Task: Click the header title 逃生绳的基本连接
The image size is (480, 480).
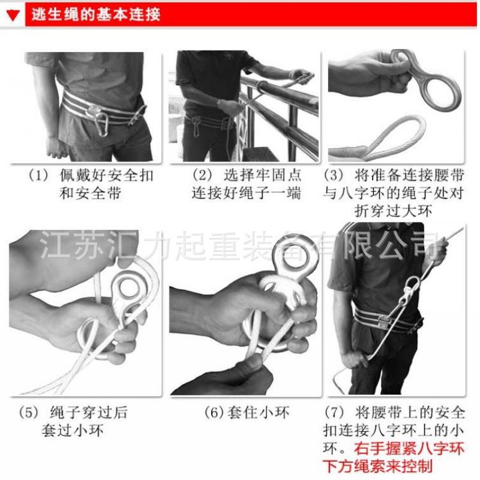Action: point(96,14)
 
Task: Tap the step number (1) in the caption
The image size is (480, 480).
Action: point(38,175)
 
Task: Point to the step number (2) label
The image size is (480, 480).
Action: point(202,175)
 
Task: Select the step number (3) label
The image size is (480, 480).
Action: point(334,175)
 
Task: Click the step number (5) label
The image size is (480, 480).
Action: point(29,412)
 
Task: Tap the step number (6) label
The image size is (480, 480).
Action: point(214,412)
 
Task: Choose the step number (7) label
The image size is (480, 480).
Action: point(334,412)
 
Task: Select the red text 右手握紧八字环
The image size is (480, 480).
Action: point(409,448)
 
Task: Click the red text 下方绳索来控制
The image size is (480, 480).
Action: point(378,466)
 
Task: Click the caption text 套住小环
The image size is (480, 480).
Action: point(258,412)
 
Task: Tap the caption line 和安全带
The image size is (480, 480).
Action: point(91,193)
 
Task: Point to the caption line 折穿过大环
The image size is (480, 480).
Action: point(393,211)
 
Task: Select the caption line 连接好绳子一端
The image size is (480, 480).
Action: point(247,193)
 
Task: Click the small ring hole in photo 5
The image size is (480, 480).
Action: point(130,288)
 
